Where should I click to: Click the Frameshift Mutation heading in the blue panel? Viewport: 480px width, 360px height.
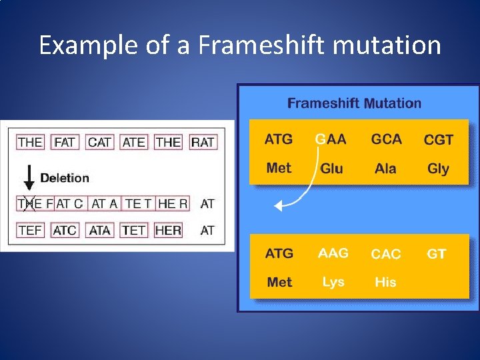click(x=354, y=103)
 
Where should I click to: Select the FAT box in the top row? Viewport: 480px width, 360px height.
click(x=65, y=142)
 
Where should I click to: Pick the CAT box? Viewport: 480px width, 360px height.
click(x=99, y=142)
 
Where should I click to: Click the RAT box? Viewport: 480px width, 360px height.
click(x=203, y=142)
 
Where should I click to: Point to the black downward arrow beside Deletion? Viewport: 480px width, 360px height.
click(x=29, y=178)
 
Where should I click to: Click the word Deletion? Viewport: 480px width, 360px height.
click(x=65, y=178)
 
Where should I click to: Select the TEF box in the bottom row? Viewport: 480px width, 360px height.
click(x=30, y=230)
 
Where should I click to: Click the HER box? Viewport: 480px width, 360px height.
click(x=168, y=230)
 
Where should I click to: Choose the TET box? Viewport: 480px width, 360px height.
click(x=134, y=230)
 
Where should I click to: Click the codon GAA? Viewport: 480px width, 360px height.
click(x=331, y=139)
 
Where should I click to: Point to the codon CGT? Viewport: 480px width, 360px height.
click(x=439, y=140)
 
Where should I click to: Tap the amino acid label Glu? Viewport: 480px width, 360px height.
click(x=331, y=169)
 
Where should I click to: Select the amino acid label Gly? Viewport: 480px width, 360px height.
click(x=438, y=169)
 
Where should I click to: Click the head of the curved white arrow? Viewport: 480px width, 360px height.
click(x=279, y=206)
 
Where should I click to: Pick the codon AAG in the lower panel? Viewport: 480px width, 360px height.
click(x=333, y=253)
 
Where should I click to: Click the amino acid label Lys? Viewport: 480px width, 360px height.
click(x=333, y=282)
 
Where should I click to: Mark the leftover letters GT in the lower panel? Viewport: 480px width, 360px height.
click(x=436, y=254)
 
